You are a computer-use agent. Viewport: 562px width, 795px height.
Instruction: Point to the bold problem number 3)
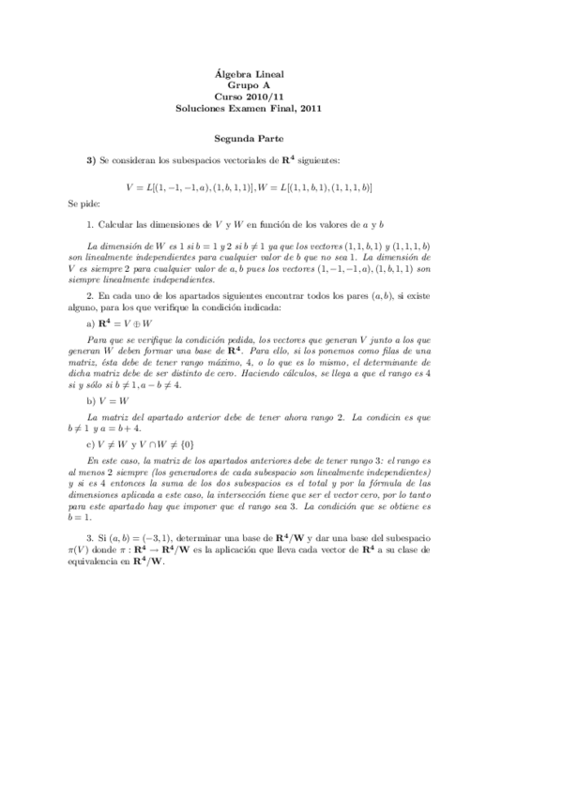point(92,161)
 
